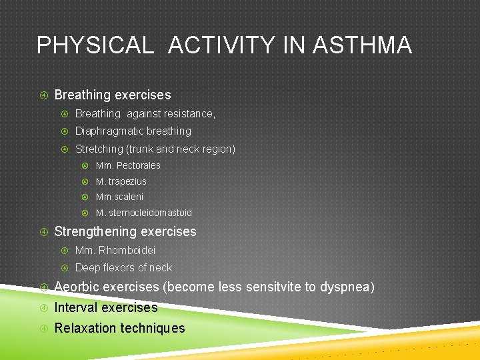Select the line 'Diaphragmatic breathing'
(x=133, y=131)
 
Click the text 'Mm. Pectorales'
(x=128, y=165)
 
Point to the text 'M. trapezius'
(x=121, y=181)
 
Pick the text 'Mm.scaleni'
(x=119, y=197)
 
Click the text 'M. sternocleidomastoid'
(x=143, y=213)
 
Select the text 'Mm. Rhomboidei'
(x=115, y=251)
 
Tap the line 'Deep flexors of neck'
(x=123, y=267)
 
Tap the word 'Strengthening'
(x=94, y=232)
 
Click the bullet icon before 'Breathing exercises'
(x=43, y=95)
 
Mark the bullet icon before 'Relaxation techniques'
(x=43, y=328)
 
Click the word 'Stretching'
(x=99, y=149)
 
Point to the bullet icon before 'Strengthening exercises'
(x=43, y=232)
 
